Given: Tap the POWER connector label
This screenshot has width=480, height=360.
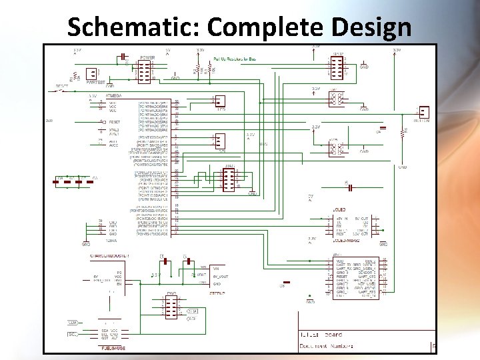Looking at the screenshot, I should tap(147, 58).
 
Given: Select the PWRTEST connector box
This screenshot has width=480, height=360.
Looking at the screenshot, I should tap(88, 73).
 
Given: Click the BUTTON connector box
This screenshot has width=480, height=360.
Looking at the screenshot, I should tap(423, 111).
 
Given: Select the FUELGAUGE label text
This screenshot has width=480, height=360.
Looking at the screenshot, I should tap(110, 348).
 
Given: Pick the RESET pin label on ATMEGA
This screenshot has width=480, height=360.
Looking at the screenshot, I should tap(114, 123).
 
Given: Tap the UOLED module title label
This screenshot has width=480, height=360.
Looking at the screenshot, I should tap(338, 209).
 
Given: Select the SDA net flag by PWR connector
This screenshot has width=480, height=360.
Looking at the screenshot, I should tap(191, 311).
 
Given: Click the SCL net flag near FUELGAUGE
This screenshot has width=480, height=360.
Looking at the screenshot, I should tap(73, 334).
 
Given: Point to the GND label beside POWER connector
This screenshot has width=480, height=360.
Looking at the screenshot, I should tap(175, 79).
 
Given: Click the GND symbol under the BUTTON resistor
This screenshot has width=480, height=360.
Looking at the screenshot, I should tap(402, 167).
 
